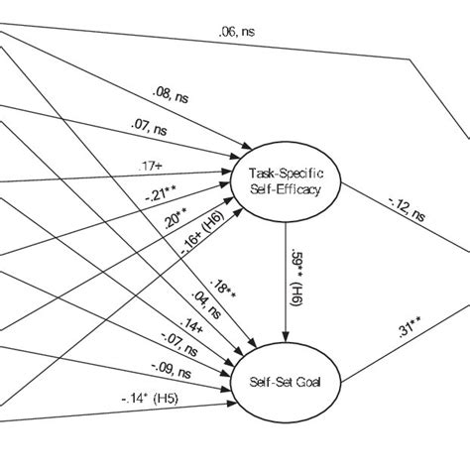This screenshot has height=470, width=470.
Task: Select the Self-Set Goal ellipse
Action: (285, 380)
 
